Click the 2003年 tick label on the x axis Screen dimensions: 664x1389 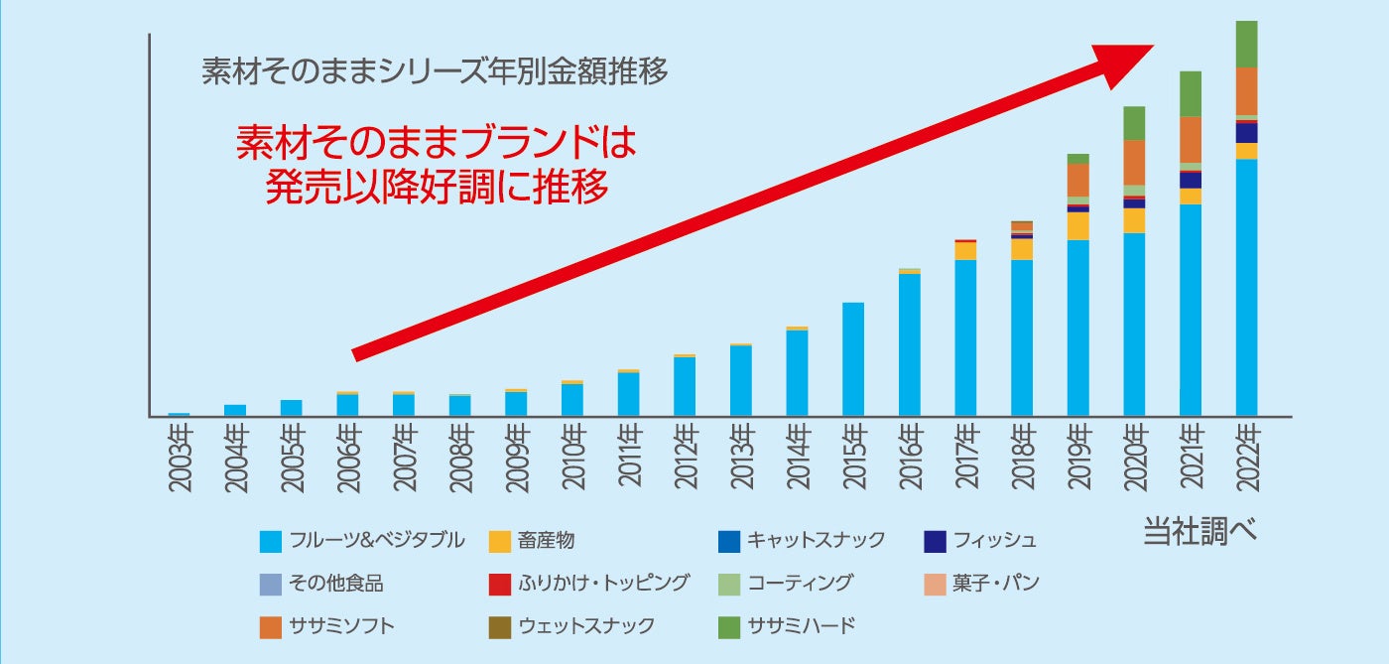(180, 458)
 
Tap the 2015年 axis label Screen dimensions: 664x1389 (854, 458)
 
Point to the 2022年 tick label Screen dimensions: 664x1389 (1247, 458)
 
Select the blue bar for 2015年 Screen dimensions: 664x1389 (853, 358)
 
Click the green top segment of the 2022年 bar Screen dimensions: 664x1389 (1247, 44)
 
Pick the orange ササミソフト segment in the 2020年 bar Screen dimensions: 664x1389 (1134, 162)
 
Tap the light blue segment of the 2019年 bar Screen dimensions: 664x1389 (1078, 327)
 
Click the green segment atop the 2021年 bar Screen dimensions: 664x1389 (1191, 93)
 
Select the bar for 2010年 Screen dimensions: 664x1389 (572, 398)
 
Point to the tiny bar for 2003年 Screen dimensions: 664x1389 (180, 413)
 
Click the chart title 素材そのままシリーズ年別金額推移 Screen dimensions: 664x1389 (435, 72)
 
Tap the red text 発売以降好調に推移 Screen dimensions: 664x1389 (437, 187)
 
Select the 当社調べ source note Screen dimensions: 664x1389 (1200, 532)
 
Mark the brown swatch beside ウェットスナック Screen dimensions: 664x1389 (500, 627)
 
